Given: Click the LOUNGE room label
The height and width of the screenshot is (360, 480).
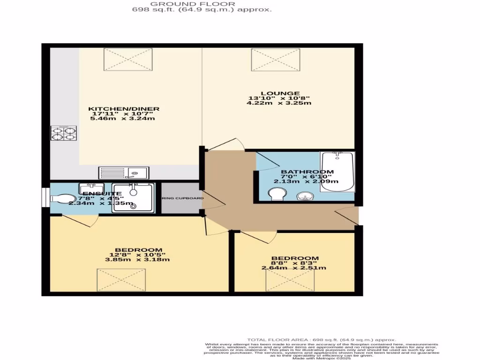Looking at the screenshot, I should click(x=275, y=93).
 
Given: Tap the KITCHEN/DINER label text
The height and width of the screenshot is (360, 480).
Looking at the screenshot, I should click(x=124, y=109).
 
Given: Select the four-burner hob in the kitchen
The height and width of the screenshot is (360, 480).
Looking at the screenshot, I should click(x=64, y=134).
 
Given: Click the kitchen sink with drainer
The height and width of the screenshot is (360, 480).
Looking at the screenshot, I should click(x=123, y=173).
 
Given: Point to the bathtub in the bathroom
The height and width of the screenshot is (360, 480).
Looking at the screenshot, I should click(x=337, y=172).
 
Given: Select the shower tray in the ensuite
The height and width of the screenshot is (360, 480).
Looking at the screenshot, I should click(x=134, y=197).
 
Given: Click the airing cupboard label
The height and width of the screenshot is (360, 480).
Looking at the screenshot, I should click(x=183, y=198).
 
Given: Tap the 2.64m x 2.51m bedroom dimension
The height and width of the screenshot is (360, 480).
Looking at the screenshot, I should click(x=294, y=268).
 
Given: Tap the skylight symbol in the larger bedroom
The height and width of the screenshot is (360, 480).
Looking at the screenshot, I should click(x=121, y=280).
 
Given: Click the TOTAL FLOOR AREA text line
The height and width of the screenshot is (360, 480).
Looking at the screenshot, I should click(x=322, y=339).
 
